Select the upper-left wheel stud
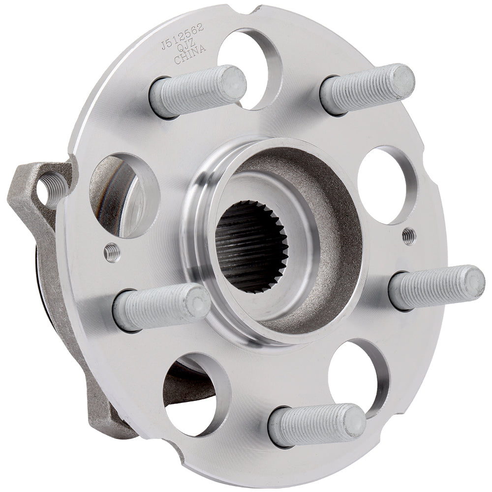197,91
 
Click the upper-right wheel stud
367,89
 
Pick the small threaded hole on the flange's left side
112,253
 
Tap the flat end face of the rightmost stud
475,281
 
